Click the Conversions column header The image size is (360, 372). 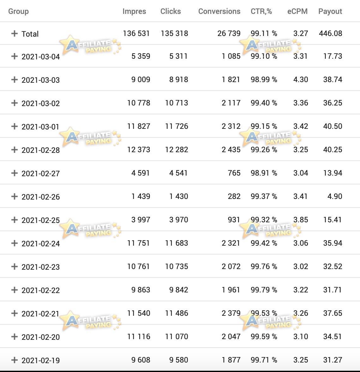[x=219, y=11]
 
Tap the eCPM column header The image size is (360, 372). [x=297, y=11]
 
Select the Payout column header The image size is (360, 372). [x=330, y=11]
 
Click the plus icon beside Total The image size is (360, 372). [x=15, y=33]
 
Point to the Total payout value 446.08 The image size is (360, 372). [x=331, y=33]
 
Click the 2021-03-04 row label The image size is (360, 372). [x=41, y=57]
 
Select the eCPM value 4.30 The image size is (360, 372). [x=301, y=80]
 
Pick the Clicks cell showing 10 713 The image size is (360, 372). [x=177, y=103]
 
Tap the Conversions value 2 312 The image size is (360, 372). [x=231, y=126]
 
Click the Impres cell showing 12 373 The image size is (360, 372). [x=139, y=150]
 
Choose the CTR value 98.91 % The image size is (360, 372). [x=264, y=173]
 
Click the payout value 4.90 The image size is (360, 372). [x=335, y=196]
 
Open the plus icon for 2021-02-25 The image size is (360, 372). [x=15, y=220]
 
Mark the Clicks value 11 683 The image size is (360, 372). [x=177, y=243]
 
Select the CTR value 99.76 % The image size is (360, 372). [x=264, y=267]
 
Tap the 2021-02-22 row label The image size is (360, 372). [x=41, y=291]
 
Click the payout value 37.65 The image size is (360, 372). [x=333, y=313]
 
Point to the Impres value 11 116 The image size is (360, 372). [x=139, y=337]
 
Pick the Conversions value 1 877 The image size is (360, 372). [x=231, y=360]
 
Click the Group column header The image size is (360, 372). [x=19, y=11]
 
